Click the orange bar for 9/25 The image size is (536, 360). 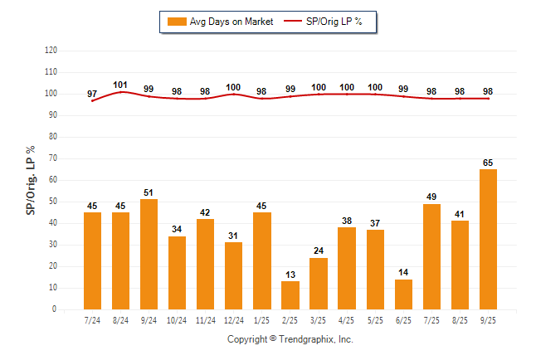click(x=489, y=239)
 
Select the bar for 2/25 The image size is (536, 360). click(x=290, y=295)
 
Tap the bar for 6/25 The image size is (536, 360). click(x=404, y=294)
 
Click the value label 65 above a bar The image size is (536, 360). click(x=489, y=162)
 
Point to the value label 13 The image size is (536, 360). click(x=290, y=274)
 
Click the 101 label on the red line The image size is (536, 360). click(x=120, y=84)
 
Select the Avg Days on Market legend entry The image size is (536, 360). click(x=217, y=22)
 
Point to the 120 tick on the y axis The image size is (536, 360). click(x=51, y=50)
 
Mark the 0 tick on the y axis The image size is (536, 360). click(x=55, y=309)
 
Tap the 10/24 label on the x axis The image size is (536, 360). click(x=178, y=320)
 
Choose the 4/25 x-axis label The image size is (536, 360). click(x=347, y=320)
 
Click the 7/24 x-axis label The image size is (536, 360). click(x=92, y=320)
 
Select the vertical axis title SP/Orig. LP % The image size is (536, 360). click(x=31, y=179)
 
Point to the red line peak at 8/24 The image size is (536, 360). click(x=121, y=91)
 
